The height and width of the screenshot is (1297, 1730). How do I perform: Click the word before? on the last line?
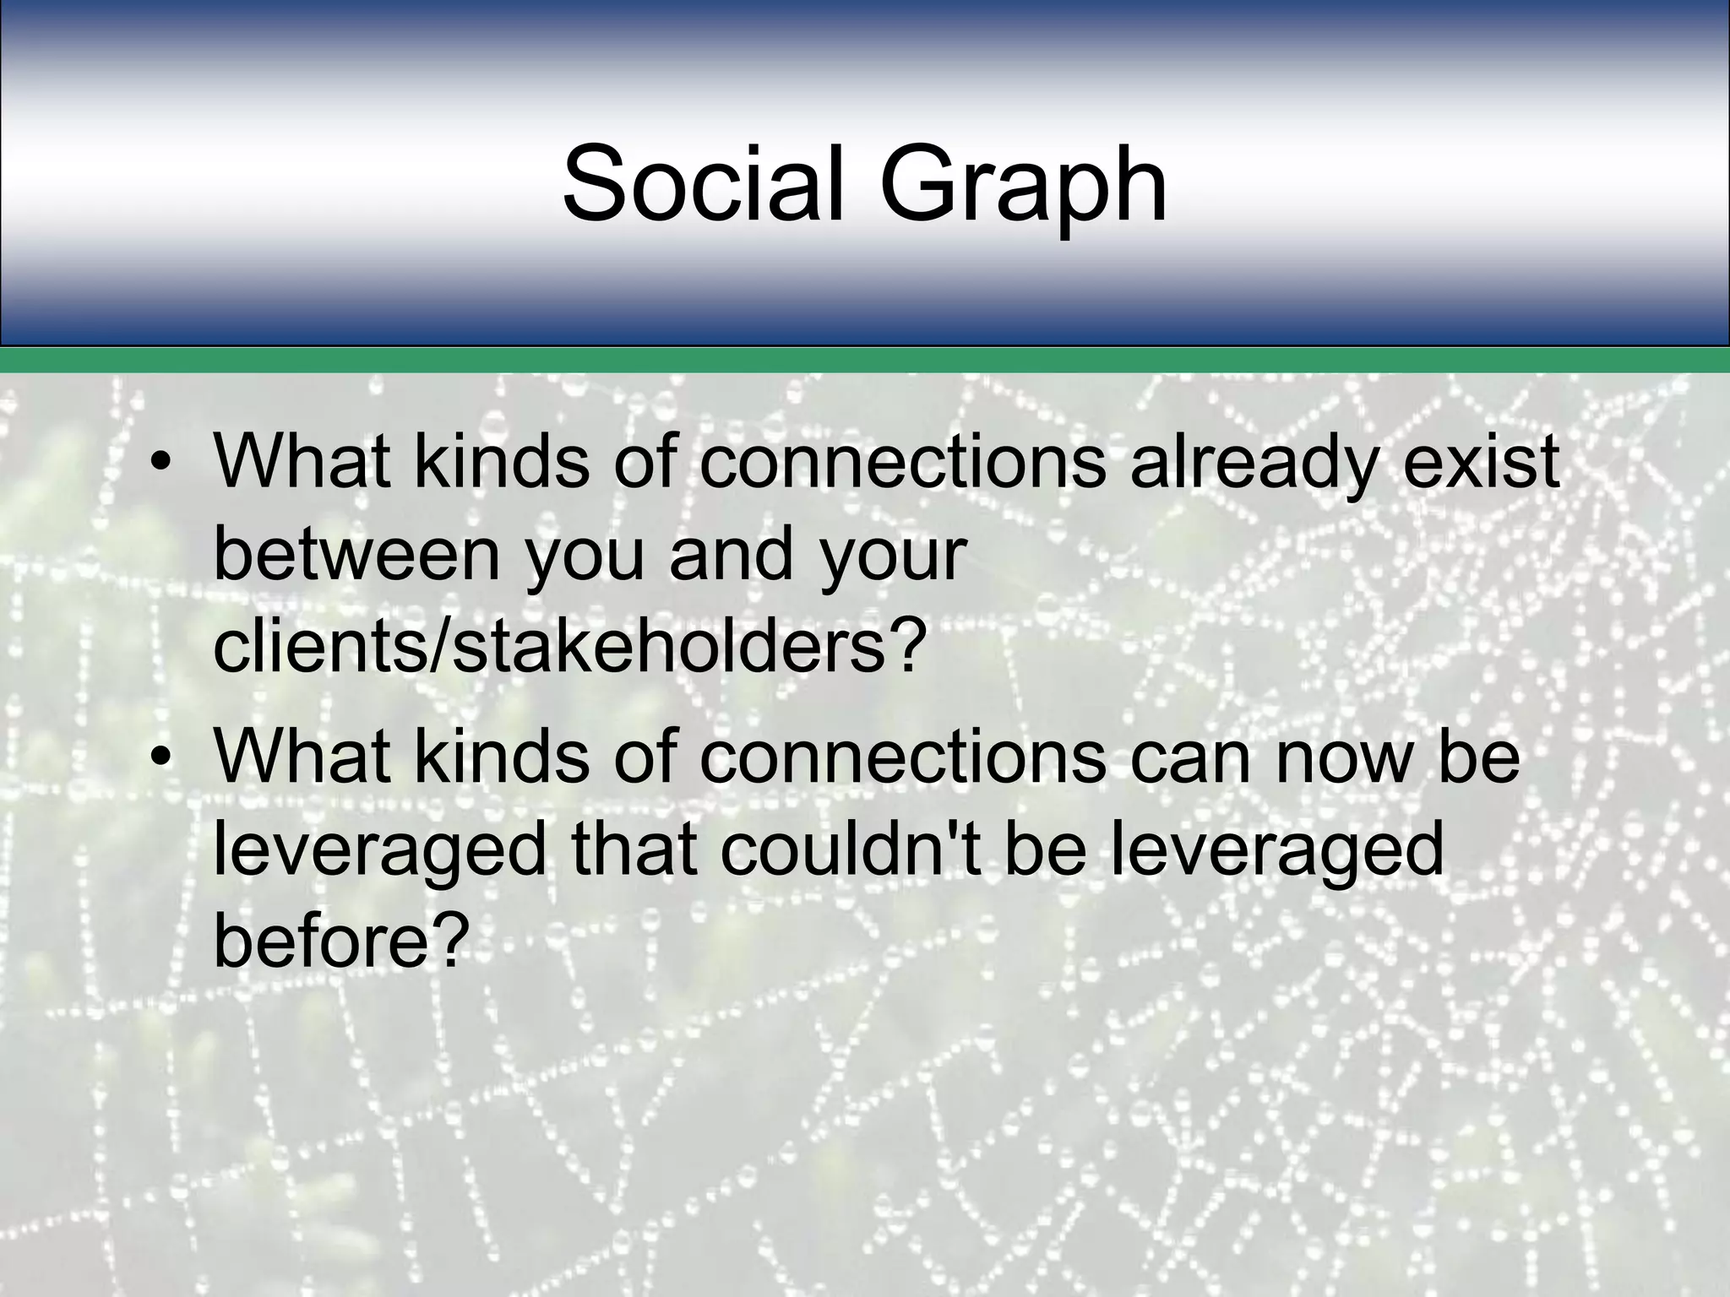click(x=340, y=942)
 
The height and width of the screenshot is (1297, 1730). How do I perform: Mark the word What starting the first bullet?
click(x=302, y=463)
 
